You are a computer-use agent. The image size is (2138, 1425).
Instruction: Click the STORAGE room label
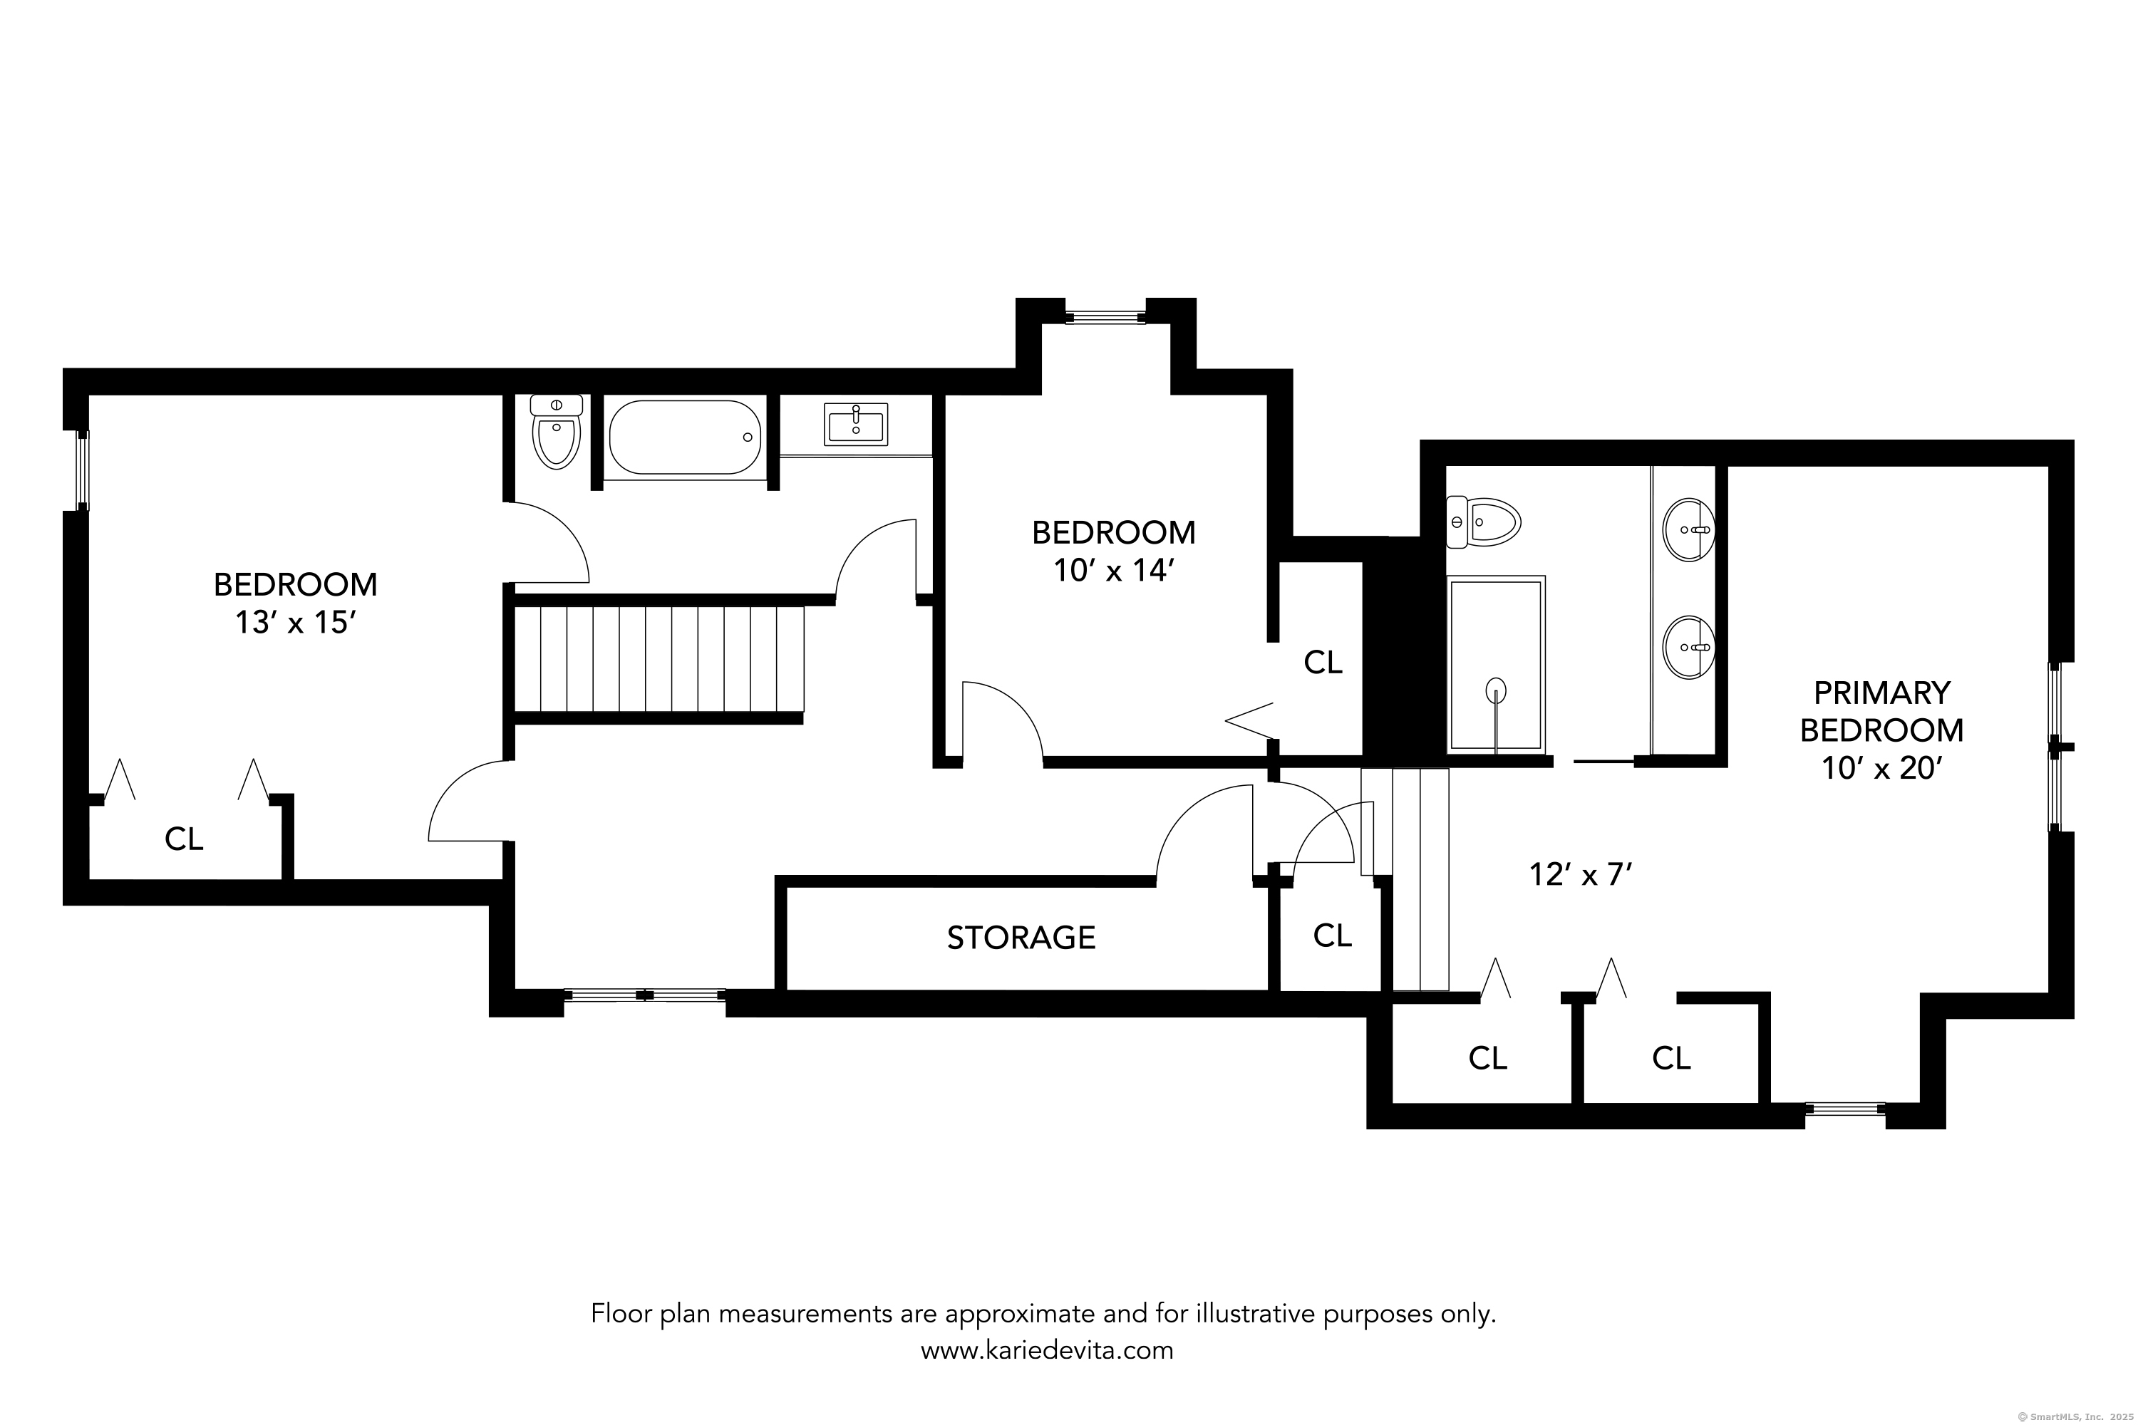tap(1021, 938)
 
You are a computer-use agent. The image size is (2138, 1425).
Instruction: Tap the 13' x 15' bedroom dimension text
tap(294, 623)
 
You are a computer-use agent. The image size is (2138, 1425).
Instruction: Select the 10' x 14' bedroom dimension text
tap(1113, 571)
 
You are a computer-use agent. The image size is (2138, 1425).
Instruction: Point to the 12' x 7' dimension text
tap(1581, 875)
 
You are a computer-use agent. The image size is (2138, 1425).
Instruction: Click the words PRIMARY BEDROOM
tap(1881, 712)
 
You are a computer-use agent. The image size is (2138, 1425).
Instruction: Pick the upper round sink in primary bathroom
tap(1688, 529)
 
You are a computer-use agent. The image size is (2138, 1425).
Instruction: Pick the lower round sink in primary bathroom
tap(1688, 647)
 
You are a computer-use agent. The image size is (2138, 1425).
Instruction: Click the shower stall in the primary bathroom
tap(1495, 665)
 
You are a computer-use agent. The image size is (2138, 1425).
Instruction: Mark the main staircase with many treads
tap(659, 660)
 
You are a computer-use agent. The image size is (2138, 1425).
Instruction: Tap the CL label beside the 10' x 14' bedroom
tap(1323, 663)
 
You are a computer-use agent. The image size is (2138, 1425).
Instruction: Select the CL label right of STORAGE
tap(1333, 935)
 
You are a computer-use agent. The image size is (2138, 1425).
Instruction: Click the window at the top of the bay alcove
tap(1105, 317)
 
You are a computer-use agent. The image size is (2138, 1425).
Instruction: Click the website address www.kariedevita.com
tap(1047, 1350)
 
